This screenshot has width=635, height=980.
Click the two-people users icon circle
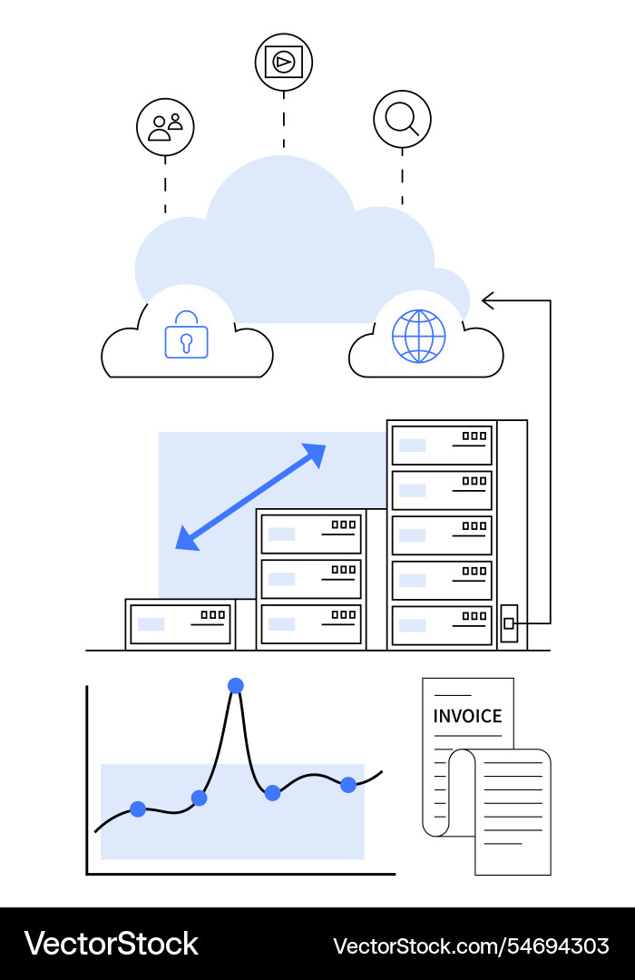[165, 127]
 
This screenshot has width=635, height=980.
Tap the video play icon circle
[284, 62]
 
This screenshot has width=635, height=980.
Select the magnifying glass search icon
[402, 119]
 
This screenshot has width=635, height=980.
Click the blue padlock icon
[186, 336]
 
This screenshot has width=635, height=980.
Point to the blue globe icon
[418, 336]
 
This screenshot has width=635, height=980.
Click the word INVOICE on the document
[467, 716]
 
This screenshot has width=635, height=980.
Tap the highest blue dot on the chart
[236, 685]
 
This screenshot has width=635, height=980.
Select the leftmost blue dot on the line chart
[138, 808]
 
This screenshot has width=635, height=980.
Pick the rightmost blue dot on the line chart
[348, 785]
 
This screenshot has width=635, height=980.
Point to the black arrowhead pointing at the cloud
[488, 300]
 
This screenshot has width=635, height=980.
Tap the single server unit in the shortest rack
[181, 623]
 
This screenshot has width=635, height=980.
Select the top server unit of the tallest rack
[442, 445]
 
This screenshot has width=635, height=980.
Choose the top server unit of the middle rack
[311, 534]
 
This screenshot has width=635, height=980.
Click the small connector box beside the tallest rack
[510, 623]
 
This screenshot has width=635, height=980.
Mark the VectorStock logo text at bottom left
[111, 945]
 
